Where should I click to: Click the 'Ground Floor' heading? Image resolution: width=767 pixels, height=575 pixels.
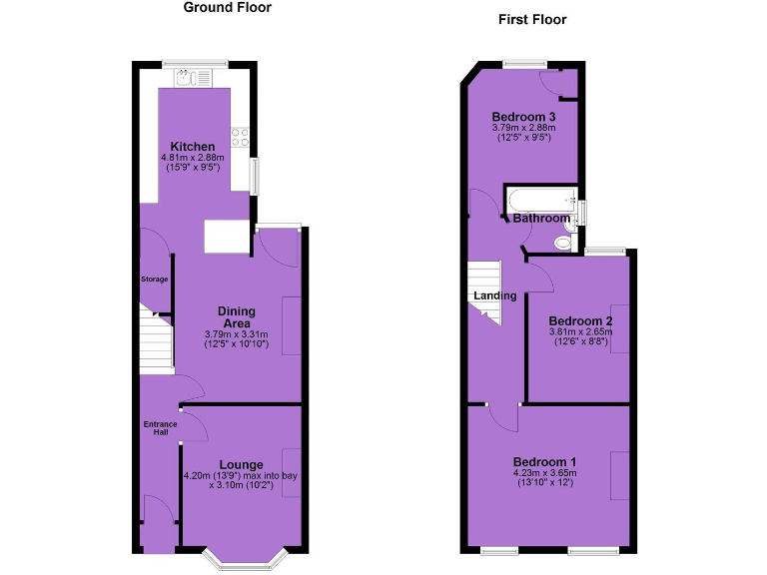(x=227, y=7)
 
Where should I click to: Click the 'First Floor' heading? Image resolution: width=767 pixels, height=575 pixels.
(x=532, y=19)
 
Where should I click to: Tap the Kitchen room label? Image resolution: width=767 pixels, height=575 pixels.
(x=192, y=147)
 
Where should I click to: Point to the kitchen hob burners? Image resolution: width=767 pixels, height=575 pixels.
(x=240, y=135)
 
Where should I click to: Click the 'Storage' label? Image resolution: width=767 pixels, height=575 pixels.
(x=154, y=279)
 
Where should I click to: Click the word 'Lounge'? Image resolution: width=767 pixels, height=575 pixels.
(x=241, y=464)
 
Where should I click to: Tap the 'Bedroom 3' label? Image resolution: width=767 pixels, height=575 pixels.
(x=523, y=117)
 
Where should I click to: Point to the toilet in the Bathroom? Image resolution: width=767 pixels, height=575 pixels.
(x=564, y=240)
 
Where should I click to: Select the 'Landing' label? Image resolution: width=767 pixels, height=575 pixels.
(x=495, y=295)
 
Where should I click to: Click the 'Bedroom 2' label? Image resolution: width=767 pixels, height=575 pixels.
(x=580, y=320)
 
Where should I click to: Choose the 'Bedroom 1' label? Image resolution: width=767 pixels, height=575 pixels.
(x=544, y=461)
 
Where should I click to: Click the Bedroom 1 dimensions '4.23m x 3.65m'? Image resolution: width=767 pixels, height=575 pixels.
(x=544, y=472)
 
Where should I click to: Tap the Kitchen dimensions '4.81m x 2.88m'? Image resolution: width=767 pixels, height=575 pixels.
(x=193, y=158)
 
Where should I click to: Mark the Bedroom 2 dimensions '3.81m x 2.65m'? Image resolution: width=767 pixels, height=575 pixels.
(x=580, y=332)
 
